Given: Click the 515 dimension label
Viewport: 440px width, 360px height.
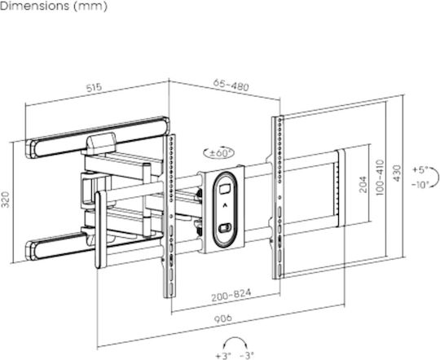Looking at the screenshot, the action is click(x=94, y=88).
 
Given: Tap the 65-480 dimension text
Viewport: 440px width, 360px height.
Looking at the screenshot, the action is click(x=231, y=85).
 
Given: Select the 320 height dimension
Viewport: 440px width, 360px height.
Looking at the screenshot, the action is click(x=6, y=200).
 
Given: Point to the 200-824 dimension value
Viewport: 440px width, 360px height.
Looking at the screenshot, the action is click(x=231, y=295).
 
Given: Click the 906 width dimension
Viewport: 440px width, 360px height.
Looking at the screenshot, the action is click(x=223, y=318).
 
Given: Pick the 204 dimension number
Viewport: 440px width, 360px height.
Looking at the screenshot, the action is click(x=363, y=184).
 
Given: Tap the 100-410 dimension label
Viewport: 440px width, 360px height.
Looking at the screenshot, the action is click(x=380, y=178).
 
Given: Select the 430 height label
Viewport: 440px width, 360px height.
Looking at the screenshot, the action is click(x=397, y=173).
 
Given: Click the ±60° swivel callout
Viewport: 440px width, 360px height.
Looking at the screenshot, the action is click(x=219, y=153).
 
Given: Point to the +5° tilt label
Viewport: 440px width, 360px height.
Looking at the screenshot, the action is click(x=420, y=170).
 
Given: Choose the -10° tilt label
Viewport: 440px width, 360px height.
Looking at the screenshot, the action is click(x=420, y=185).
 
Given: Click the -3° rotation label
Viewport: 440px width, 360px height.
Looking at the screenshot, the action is click(x=247, y=356).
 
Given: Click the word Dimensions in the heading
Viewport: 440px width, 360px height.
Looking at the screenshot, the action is click(x=35, y=7).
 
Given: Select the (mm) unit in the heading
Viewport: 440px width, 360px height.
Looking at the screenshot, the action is click(x=90, y=7).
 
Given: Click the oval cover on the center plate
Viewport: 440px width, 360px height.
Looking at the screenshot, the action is click(x=225, y=210).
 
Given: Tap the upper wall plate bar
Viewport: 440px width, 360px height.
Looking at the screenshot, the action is click(x=99, y=137).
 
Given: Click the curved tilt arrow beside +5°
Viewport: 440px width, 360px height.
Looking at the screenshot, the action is click(x=435, y=177).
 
